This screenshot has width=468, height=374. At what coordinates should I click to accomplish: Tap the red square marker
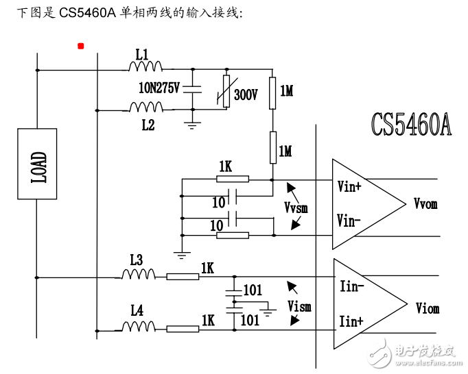[81, 46]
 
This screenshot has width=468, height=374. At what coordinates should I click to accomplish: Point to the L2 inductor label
[148, 125]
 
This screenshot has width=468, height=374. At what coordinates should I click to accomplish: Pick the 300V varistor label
[246, 95]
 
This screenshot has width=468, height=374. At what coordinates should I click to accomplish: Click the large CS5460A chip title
[411, 125]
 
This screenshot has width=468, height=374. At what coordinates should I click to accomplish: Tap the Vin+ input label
[354, 186]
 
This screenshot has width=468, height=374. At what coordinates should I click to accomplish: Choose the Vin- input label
[353, 220]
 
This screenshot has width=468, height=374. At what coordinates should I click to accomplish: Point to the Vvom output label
[425, 203]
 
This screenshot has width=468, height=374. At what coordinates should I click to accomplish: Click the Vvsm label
[296, 205]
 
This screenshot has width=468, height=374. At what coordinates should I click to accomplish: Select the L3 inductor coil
[139, 275]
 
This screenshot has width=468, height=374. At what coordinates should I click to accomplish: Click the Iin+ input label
[351, 321]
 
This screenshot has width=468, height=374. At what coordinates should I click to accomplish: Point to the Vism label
[299, 306]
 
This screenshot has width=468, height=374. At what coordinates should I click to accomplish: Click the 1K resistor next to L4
[183, 329]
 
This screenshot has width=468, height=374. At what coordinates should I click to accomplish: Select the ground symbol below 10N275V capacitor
[193, 123]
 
